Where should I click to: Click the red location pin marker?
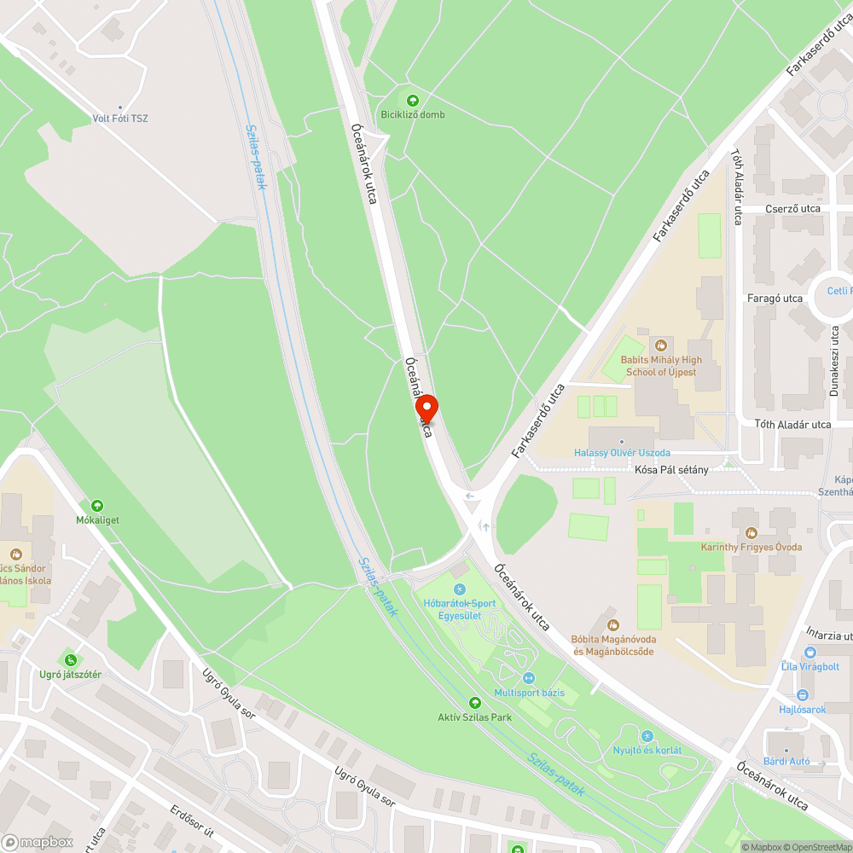pos(426,408)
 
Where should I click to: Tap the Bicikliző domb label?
pos(413,114)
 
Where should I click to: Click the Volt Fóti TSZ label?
pos(120,118)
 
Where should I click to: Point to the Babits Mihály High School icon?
pos(660,345)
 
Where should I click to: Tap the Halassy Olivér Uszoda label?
pos(621,452)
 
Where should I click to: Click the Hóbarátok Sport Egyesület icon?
pos(459,589)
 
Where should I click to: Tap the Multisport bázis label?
pos(529,692)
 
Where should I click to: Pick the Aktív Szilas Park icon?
pos(475,702)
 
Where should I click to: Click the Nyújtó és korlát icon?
pos(647,735)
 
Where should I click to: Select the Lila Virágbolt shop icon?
pos(809,652)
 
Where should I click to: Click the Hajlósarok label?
pos(802,709)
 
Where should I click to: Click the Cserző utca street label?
pos(792,208)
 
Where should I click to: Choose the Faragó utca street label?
pos(775,299)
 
